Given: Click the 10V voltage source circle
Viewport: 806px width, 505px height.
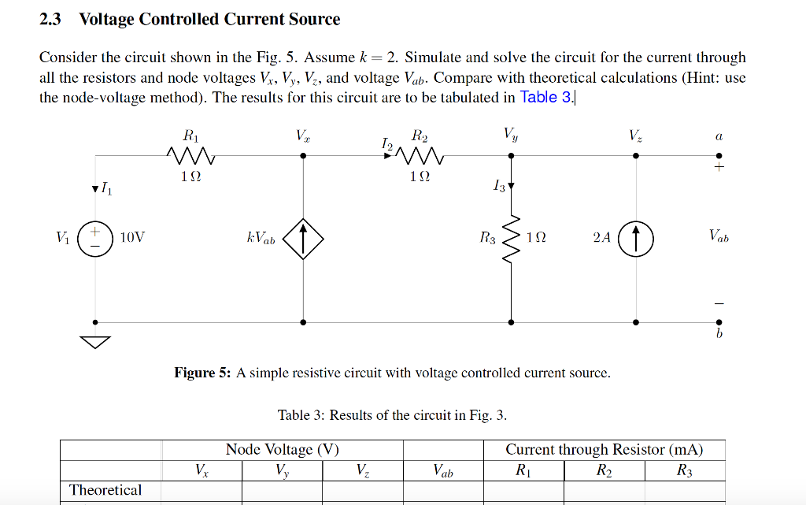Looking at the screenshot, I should coord(97,238).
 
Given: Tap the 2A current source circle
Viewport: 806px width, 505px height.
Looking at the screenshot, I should coord(636,238).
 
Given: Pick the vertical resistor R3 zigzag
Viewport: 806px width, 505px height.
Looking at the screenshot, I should coord(512,238).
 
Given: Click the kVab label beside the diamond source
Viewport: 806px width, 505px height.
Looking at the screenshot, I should coord(261,238).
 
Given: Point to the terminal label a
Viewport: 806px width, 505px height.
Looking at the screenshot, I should coord(718,136).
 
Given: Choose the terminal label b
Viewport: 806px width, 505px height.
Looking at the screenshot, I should coord(719,334).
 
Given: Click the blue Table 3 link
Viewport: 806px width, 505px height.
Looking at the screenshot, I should coord(549,98).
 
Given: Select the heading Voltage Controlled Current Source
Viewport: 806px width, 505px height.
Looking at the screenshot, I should coord(209,20).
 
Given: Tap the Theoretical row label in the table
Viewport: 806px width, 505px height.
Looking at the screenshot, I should coord(105,490).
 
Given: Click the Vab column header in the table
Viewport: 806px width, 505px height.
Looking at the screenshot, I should coord(442,471).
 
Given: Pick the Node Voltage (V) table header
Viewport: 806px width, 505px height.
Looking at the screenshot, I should coord(282,450).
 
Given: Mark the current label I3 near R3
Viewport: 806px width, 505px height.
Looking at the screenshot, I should coord(497,187).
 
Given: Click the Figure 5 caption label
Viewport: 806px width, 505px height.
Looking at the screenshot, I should coord(202,373).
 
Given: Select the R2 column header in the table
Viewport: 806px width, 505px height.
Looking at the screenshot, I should coord(603,471).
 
